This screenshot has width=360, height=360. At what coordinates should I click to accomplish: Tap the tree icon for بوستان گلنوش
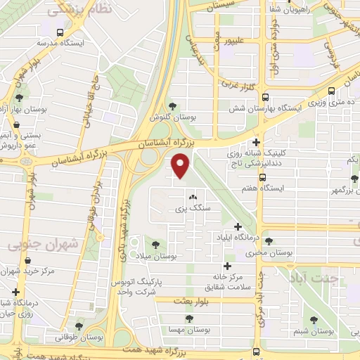[173, 106]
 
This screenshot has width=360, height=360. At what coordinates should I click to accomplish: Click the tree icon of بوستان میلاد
[155, 245]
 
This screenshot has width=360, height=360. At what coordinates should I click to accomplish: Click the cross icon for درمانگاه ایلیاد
[238, 226]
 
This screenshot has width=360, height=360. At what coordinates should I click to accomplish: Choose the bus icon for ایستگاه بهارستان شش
[265, 96]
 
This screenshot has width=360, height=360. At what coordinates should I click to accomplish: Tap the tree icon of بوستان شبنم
[314, 320]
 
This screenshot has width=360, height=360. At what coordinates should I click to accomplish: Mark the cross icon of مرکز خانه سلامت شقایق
[226, 266]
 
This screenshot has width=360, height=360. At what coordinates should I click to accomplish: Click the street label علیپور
[238, 41]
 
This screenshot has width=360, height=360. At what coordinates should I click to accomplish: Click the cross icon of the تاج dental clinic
[256, 141]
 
